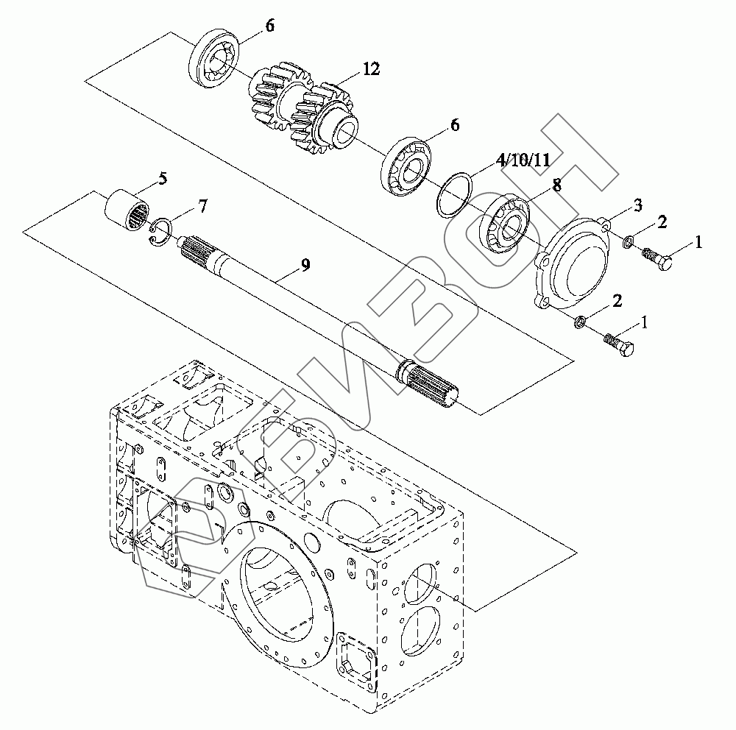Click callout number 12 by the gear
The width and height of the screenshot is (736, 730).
point(370,70)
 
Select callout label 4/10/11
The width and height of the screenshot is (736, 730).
point(523,160)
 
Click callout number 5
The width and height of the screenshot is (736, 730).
point(162,178)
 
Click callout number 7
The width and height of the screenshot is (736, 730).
point(202,207)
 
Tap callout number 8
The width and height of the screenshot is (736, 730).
point(556,185)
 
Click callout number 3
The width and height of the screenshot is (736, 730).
point(638,204)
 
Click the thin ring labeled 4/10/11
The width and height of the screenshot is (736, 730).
point(451,196)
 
